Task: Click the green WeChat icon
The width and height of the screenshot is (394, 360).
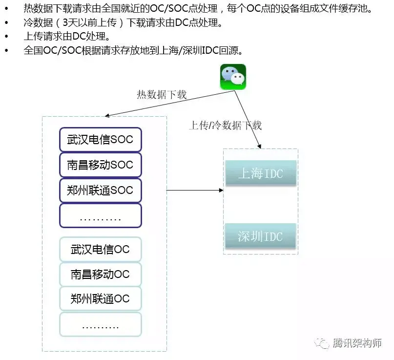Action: click(233, 77)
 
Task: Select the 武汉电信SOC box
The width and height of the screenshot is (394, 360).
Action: click(100, 140)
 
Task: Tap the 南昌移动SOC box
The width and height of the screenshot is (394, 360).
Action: click(100, 165)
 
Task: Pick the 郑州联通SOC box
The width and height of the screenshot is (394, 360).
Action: click(100, 190)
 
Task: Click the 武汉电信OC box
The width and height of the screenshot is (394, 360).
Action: click(100, 250)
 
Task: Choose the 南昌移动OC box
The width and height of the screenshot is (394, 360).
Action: click(100, 274)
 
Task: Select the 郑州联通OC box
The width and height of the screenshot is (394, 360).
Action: click(100, 298)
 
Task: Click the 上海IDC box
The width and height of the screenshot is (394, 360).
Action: click(261, 173)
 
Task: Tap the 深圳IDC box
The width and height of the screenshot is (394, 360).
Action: click(261, 236)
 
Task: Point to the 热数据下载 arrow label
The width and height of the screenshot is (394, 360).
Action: click(162, 95)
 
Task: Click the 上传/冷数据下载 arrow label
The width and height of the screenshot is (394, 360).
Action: click(225, 126)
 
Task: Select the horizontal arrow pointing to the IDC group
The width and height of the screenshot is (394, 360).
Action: click(195, 191)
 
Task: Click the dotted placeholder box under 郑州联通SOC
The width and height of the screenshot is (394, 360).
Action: click(100, 215)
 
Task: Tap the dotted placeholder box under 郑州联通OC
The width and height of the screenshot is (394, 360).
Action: click(100, 324)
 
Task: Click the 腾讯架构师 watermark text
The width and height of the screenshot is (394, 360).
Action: click(356, 343)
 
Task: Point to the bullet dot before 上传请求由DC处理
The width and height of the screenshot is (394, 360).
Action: click(6, 37)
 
